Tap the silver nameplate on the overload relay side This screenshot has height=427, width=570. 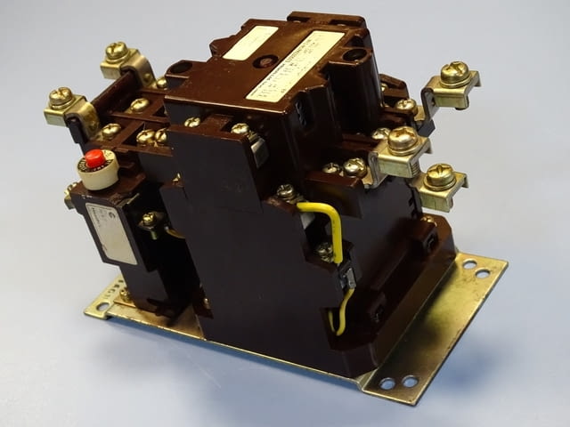[111, 233]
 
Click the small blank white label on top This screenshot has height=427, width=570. [250, 42]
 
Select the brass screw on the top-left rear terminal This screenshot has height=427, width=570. [117, 52]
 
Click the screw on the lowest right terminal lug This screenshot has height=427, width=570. [440, 176]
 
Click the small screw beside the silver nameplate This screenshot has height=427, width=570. [148, 219]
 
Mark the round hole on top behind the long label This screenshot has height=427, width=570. [354, 54]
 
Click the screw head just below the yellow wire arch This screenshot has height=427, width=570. [325, 250]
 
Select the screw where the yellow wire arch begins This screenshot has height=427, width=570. [287, 191]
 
